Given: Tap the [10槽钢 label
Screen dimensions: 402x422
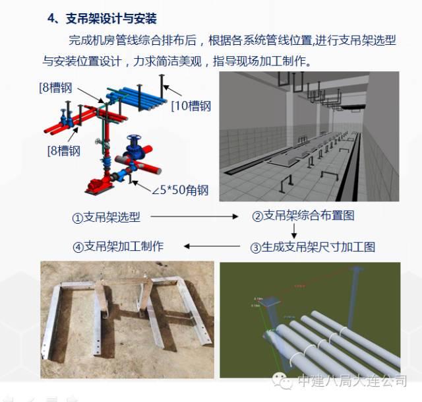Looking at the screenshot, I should tap(191, 106).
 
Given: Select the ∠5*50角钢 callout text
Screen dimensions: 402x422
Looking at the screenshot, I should tap(179, 191).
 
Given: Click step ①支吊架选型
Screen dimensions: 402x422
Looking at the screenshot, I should tap(110, 217).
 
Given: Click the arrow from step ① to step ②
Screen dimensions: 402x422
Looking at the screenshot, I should tap(197, 217).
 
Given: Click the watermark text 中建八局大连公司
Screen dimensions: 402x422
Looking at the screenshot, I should tap(352, 382).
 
